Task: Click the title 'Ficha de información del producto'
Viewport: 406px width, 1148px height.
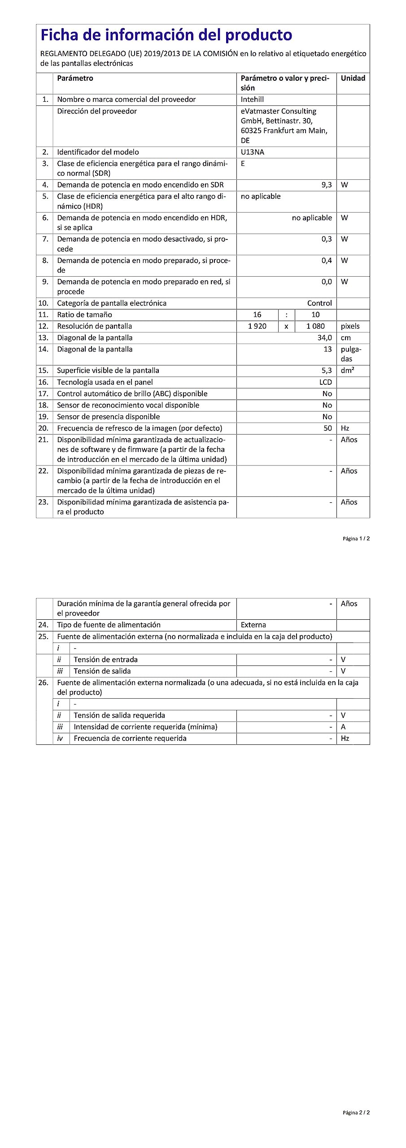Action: (166, 35)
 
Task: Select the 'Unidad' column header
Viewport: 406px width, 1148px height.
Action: (353, 78)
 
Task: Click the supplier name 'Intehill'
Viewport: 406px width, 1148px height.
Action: (252, 100)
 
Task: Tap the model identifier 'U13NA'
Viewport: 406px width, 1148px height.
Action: (252, 152)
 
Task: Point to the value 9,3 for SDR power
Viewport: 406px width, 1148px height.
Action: (326, 185)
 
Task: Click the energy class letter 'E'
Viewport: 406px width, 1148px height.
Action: (243, 164)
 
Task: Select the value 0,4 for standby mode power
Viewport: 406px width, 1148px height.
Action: (326, 261)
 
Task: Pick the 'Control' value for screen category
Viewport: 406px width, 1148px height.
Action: (319, 303)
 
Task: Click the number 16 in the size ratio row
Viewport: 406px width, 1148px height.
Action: (257, 315)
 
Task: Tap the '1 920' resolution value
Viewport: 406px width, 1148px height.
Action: (257, 326)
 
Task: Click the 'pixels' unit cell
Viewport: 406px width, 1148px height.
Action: (350, 326)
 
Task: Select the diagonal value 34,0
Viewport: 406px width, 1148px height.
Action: (324, 338)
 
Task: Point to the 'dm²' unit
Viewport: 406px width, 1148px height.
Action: (347, 370)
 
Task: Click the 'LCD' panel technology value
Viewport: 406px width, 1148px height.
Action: (325, 382)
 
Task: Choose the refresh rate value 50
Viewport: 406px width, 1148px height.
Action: (327, 428)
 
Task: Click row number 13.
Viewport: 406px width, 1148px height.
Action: (43, 338)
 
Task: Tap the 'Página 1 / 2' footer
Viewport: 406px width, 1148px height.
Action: (356, 539)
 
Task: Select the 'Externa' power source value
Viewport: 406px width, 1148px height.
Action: (253, 625)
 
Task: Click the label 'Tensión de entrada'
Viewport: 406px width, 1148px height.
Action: (105, 660)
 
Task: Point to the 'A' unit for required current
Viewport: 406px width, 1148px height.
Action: (343, 727)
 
